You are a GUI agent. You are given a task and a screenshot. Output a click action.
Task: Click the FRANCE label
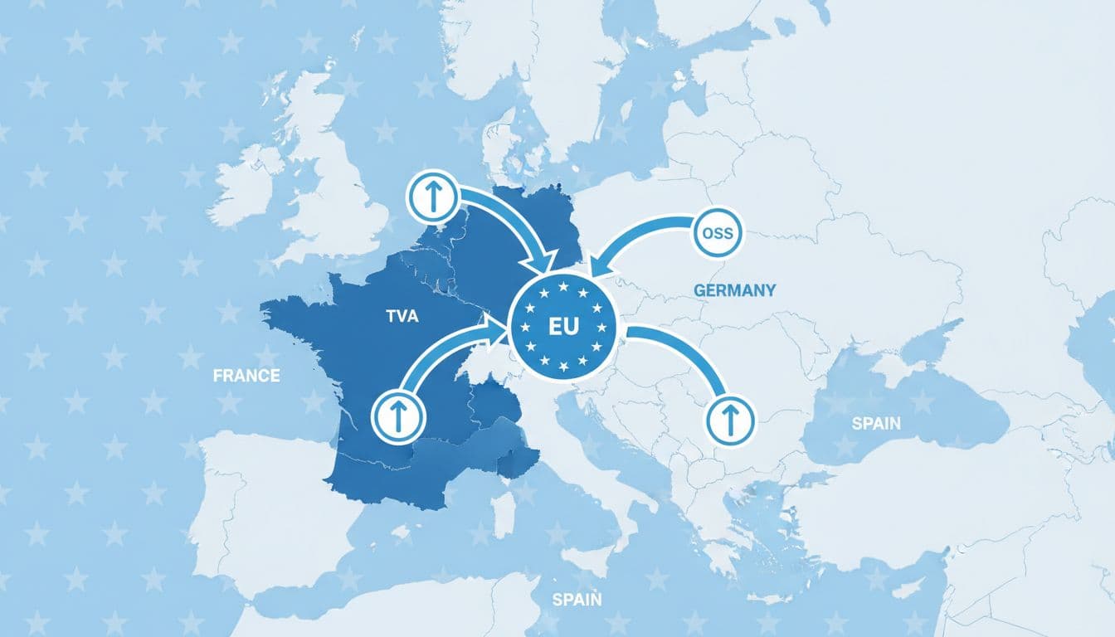pos(246,375)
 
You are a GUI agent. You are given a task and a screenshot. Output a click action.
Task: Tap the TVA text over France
pos(402,316)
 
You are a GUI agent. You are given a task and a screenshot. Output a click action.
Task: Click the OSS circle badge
pos(717,233)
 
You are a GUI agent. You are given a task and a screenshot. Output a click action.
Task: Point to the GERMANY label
pos(734,290)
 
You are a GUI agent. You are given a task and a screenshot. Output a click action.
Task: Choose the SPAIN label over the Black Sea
pos(876,423)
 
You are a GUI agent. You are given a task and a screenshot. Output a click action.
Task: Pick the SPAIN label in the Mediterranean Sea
pos(577,600)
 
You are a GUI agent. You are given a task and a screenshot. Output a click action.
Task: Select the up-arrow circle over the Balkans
pos(731,418)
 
